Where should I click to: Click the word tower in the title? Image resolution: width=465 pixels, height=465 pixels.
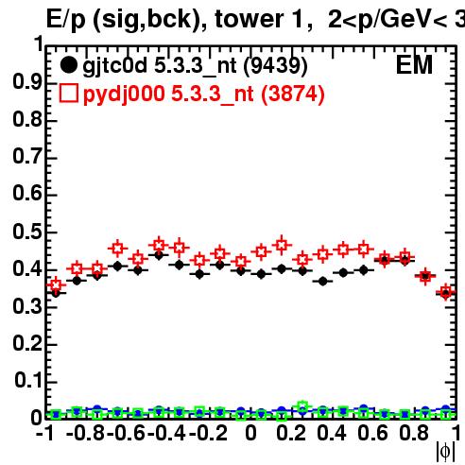coord(249,20)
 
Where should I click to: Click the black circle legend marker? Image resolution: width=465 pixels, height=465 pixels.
coord(68,65)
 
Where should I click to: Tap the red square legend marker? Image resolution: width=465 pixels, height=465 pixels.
coord(69,94)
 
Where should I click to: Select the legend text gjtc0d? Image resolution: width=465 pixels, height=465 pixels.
coord(114,67)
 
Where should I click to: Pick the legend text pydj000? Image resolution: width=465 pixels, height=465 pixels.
coord(124,95)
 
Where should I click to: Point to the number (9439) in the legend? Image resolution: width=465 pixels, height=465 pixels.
coord(275,66)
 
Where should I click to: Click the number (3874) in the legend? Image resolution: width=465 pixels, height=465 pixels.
coord(293,95)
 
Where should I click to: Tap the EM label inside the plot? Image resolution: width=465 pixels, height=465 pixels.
coord(414,65)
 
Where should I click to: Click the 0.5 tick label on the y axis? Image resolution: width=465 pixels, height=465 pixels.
coord(27,232)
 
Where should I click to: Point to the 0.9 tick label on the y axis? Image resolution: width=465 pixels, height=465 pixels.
coord(27,82)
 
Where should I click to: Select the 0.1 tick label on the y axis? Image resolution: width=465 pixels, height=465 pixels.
coord(28,380)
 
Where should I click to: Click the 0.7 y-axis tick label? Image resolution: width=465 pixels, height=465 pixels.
coord(27,157)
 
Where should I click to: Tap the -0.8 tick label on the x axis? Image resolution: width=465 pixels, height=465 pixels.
coord(85,433)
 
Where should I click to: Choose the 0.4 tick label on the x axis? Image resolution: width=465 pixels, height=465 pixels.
coord(332,433)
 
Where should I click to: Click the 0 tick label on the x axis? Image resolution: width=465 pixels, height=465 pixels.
coord(250,433)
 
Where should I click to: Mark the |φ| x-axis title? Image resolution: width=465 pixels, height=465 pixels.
coord(445,452)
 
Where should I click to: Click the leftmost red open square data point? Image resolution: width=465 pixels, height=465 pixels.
coord(56,285)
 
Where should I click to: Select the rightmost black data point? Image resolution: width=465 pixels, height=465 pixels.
coord(445,293)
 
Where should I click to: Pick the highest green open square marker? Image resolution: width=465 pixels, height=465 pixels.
coord(302,406)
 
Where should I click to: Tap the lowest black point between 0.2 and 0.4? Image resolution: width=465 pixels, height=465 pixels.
coord(322,282)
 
